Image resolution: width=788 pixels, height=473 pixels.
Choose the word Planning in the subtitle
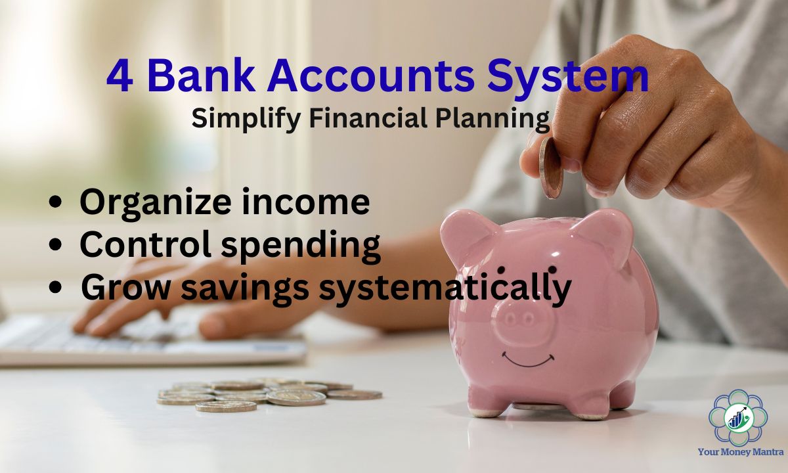tap(492, 119)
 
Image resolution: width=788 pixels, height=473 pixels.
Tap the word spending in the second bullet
tap(301, 245)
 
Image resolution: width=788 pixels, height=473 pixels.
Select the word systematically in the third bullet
tap(445, 288)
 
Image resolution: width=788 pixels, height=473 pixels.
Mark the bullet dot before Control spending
tap(56, 244)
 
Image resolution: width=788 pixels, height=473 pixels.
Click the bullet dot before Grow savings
tap(56, 287)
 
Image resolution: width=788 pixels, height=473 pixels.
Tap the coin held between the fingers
tap(550, 168)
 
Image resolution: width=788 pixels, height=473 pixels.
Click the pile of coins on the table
tap(269, 395)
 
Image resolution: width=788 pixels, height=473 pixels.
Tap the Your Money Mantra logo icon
tap(738, 417)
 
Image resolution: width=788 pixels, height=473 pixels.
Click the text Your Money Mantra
tap(741, 451)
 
